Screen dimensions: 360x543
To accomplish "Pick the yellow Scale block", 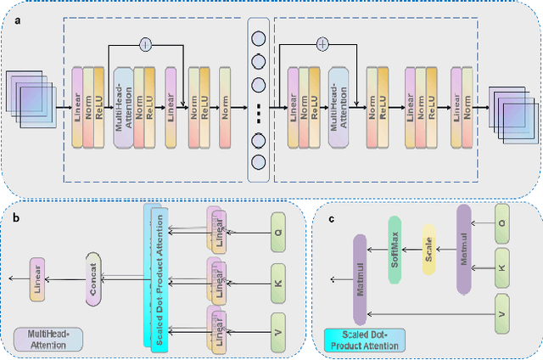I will coord(428,251).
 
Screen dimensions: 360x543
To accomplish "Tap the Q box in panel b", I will coord(279,229).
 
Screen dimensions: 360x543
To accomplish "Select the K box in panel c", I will coord(503,267).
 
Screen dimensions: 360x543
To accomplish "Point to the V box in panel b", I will coord(279,325).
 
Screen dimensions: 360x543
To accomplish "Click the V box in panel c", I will coord(503,313).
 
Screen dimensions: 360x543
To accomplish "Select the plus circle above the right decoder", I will coord(322,42).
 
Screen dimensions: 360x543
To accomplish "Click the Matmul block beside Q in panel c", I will coord(463,249).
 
